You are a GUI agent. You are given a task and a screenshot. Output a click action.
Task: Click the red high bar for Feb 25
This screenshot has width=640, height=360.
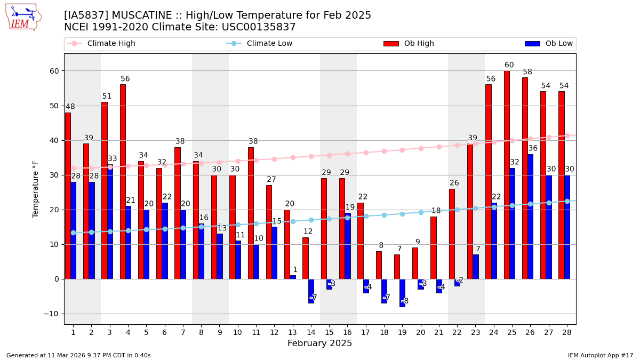(x=507, y=176)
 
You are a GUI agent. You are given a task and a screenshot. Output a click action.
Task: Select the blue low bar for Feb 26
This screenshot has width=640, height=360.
(x=531, y=217)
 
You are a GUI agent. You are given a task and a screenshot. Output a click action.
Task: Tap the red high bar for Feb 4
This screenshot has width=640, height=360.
(x=123, y=181)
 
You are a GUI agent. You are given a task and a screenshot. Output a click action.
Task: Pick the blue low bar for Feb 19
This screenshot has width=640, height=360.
(x=403, y=293)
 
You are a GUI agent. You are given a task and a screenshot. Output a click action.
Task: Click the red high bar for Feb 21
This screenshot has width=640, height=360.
(x=434, y=247)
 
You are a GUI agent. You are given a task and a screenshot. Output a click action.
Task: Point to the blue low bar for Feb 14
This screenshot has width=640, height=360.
(x=311, y=291)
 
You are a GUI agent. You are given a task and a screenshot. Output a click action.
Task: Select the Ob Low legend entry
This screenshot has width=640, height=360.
(x=549, y=44)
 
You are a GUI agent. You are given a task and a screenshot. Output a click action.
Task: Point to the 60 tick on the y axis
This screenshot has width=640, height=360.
(x=54, y=71)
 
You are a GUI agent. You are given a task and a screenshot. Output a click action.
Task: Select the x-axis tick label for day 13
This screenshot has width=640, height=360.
(x=292, y=332)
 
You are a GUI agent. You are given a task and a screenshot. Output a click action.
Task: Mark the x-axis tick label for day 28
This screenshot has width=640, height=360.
(x=566, y=332)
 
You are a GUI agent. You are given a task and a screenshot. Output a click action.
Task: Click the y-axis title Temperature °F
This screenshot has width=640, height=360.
(x=36, y=189)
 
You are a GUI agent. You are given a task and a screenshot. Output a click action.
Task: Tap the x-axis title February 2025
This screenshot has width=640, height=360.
(x=319, y=343)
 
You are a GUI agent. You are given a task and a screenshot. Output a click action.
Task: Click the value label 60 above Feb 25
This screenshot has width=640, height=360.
(x=509, y=65)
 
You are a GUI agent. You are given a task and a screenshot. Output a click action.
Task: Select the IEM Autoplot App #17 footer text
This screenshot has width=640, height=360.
(x=600, y=355)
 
